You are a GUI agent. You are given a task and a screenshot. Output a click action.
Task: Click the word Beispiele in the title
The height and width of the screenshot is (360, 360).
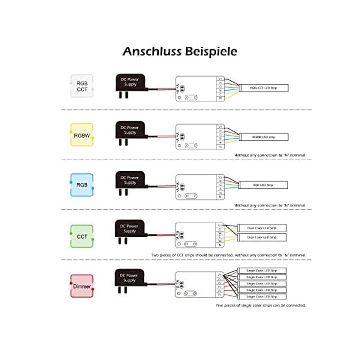(211, 52)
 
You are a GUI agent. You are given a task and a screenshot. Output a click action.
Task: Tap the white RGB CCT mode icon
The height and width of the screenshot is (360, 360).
(82, 86)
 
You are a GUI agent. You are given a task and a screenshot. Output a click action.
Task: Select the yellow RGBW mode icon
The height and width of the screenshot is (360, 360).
(82, 135)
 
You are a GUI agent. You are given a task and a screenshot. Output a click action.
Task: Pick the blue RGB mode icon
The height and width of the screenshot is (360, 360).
(82, 184)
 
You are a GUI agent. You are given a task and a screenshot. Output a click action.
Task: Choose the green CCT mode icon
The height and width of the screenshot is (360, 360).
(82, 236)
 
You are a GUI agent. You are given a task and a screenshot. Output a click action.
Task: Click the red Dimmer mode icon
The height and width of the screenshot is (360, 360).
(82, 286)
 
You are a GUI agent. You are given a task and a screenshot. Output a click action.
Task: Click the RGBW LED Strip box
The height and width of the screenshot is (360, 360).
(263, 137)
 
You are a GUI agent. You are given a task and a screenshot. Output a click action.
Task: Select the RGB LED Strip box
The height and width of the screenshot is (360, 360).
(263, 185)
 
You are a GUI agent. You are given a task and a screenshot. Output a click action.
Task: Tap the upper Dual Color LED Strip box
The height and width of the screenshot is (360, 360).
(262, 228)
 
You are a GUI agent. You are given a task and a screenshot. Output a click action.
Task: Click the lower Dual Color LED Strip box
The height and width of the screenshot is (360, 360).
(262, 238)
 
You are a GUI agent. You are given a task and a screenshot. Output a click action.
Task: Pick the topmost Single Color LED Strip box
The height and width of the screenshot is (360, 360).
(262, 271)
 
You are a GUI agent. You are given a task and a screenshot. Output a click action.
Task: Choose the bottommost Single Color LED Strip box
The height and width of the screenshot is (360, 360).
(262, 296)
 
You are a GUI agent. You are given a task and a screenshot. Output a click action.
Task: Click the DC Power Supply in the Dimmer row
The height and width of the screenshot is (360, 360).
(130, 278)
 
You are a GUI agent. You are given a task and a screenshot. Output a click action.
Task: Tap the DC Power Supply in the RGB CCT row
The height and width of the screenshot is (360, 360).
(130, 83)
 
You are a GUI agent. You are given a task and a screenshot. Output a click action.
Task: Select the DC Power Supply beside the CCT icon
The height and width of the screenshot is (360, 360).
(130, 229)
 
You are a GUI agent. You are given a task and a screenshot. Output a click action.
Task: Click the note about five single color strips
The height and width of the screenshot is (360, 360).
(261, 305)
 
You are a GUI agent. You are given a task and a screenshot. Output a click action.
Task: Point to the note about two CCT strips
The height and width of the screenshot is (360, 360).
(229, 255)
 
